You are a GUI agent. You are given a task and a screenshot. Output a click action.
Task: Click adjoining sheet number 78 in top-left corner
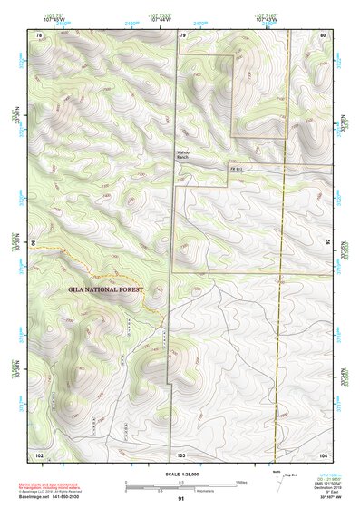click(x=39, y=34)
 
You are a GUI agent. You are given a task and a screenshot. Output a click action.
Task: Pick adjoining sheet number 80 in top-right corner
click(x=323, y=34)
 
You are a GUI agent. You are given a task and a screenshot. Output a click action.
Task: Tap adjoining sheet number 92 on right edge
click(x=329, y=242)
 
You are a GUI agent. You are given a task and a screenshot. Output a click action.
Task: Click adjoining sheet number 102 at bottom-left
click(x=39, y=454)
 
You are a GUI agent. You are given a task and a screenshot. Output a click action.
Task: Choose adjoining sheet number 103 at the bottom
click(x=181, y=454)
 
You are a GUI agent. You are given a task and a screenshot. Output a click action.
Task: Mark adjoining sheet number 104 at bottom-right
click(x=323, y=454)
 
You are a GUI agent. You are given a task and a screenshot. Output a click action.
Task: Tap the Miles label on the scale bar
click(x=242, y=482)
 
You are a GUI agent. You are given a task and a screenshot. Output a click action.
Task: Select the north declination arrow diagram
click(x=277, y=482)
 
